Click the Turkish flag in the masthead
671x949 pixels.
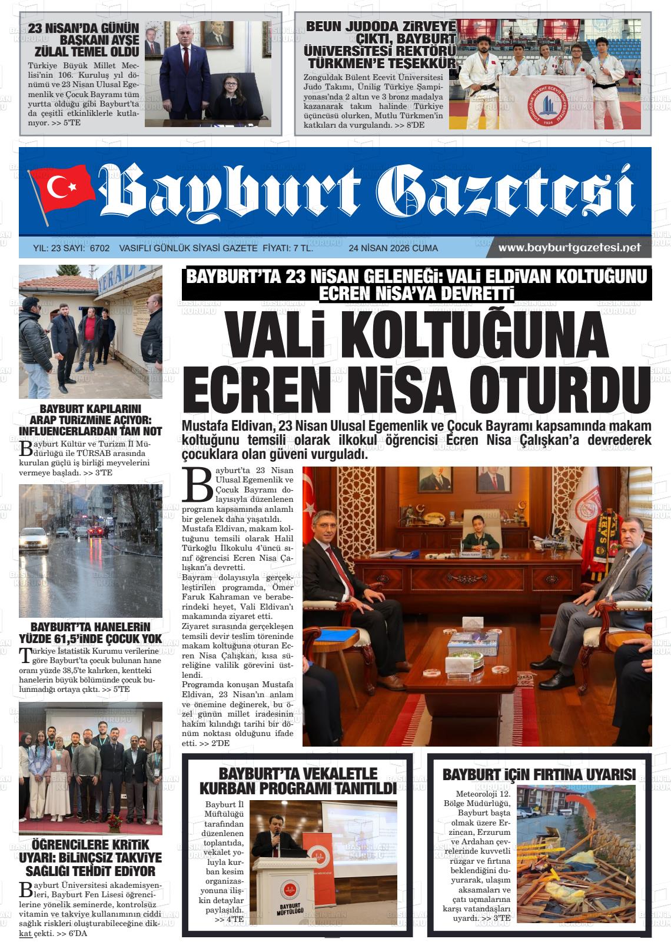[x=62, y=189]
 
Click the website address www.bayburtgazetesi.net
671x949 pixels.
[x=569, y=248]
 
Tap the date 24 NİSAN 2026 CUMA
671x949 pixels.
[x=393, y=248]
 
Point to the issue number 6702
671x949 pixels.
[x=99, y=248]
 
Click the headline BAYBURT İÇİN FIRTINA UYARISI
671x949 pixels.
[x=539, y=774]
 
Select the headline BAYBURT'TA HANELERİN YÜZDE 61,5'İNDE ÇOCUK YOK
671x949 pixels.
[x=91, y=632]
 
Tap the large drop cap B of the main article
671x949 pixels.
[x=197, y=484]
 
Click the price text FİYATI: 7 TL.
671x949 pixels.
[x=287, y=248]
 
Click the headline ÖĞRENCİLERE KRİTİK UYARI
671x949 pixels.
[x=91, y=858]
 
